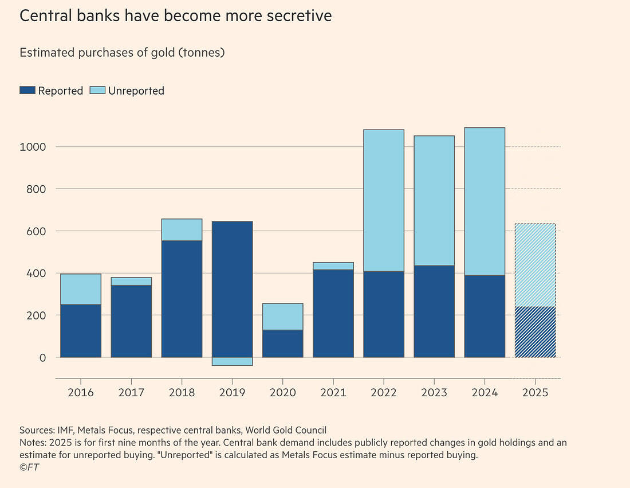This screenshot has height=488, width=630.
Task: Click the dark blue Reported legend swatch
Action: (x=27, y=91)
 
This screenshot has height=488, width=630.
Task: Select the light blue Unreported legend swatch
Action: (x=97, y=91)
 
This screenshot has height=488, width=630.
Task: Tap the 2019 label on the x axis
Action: (x=232, y=393)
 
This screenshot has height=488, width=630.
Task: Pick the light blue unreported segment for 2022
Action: (x=384, y=201)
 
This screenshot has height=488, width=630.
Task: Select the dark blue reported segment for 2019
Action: (x=232, y=289)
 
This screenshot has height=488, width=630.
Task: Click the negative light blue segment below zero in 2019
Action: (x=232, y=361)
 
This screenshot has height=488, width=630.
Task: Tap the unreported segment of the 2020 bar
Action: (x=282, y=317)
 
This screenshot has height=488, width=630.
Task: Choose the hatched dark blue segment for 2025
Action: (x=535, y=332)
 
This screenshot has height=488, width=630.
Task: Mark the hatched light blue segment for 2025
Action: (x=535, y=265)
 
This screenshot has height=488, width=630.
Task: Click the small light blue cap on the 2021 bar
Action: (x=333, y=266)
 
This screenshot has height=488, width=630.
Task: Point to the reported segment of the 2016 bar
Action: (x=81, y=331)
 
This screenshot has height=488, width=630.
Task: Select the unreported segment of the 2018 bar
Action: (x=182, y=230)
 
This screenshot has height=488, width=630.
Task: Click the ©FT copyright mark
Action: (x=29, y=467)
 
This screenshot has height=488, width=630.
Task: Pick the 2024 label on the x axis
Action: (x=485, y=393)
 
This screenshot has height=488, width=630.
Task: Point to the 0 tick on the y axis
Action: (x=42, y=357)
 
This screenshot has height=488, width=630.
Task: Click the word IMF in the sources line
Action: (x=65, y=430)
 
